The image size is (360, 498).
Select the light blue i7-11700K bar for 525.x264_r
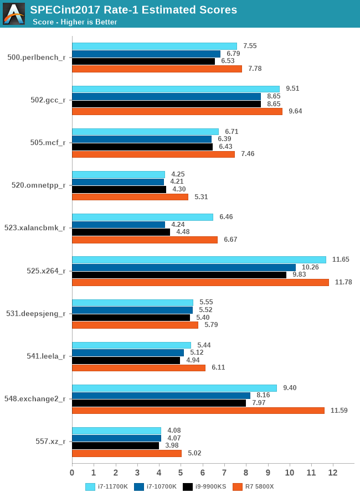tap(199, 260)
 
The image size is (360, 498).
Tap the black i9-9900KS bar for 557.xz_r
tap(116, 445)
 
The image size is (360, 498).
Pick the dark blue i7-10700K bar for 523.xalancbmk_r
tap(119, 225)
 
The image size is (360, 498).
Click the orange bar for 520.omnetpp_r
tap(130, 197)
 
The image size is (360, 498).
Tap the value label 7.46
tap(248, 154)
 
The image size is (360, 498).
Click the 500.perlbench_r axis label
tap(37, 58)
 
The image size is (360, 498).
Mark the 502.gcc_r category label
tap(48, 100)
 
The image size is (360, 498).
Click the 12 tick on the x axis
tap(333, 473)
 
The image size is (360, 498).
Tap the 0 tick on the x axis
tap(72, 473)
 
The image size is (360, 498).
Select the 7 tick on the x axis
tap(224, 473)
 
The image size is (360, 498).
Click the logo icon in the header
tap(14, 14)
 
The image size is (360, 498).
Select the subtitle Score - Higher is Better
tap(75, 22)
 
